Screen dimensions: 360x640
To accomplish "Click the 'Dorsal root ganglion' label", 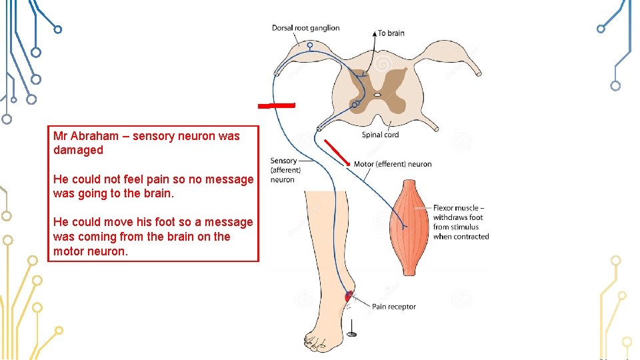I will coord(305,28).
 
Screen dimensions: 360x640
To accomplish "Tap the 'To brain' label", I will coord(391,33).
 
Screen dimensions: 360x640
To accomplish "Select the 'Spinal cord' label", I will coord(380,135).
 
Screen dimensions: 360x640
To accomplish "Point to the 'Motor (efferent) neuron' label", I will coord(393,164).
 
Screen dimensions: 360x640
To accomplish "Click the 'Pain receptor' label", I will coord(393,307).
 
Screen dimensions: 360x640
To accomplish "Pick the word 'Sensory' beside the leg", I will coord(283,161).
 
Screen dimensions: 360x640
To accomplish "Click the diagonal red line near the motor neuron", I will coord(337,153).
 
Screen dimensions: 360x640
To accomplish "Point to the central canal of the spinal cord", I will coord(377,95).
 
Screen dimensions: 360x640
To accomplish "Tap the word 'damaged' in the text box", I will coord(78,150).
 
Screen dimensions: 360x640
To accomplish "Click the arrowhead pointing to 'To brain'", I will coord(373,33).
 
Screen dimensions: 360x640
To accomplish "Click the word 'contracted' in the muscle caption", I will coord(471,237).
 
